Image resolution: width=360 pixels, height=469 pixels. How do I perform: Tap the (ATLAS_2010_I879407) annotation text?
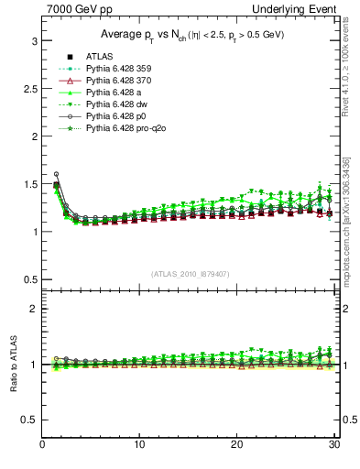[190, 274]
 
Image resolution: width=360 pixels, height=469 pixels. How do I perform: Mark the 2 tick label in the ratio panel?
[33, 309]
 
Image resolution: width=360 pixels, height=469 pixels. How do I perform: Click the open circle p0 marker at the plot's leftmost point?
[56, 173]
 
